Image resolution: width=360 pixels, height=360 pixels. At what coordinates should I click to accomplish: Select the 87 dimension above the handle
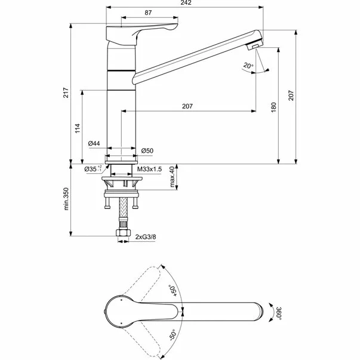pyautogui.click(x=147, y=13)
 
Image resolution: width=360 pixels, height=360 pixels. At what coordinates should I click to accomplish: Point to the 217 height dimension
pyautogui.click(x=66, y=93)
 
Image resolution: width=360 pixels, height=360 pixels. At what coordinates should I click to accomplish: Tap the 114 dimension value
pyautogui.click(x=76, y=128)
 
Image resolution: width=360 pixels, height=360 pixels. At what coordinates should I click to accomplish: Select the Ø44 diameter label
pyautogui.click(x=93, y=143)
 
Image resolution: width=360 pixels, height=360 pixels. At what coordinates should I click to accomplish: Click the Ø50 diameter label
pyautogui.click(x=148, y=149)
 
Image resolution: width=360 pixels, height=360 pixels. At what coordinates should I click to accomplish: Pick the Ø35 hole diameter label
pyautogui.click(x=91, y=170)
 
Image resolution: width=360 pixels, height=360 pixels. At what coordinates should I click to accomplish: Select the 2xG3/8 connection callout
pyautogui.click(x=146, y=237)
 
